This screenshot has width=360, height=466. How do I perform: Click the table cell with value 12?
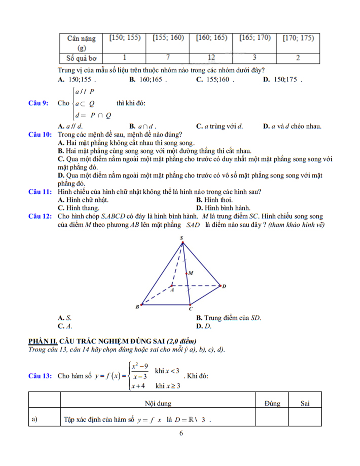[211, 58]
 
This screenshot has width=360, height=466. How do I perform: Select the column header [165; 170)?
[255, 38]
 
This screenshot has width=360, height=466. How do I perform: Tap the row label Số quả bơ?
[81, 58]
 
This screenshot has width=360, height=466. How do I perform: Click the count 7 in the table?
[168, 58]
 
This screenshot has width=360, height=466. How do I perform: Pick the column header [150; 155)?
[124, 38]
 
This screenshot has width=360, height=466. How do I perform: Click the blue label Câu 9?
[38, 103]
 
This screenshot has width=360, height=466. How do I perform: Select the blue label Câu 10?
[40, 135]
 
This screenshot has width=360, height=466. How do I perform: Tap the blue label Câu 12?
[40, 216]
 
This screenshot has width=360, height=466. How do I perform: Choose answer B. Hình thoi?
[214, 200]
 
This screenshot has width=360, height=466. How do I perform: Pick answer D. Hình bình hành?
[223, 208]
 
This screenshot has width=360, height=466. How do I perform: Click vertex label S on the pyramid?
[181, 238]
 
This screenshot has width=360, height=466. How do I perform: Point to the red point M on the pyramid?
[186, 273]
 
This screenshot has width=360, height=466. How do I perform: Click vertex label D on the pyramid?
[224, 286]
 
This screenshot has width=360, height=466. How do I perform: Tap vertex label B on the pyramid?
[137, 307]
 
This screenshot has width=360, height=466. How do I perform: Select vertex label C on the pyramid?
[191, 309]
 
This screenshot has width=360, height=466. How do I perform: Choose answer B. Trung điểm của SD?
[228, 318]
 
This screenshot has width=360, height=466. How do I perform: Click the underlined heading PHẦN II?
[43, 341]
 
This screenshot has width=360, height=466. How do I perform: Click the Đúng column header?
[272, 403]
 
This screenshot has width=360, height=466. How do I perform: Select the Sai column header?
[305, 403]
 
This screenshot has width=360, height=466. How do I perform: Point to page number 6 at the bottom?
[181, 433]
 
